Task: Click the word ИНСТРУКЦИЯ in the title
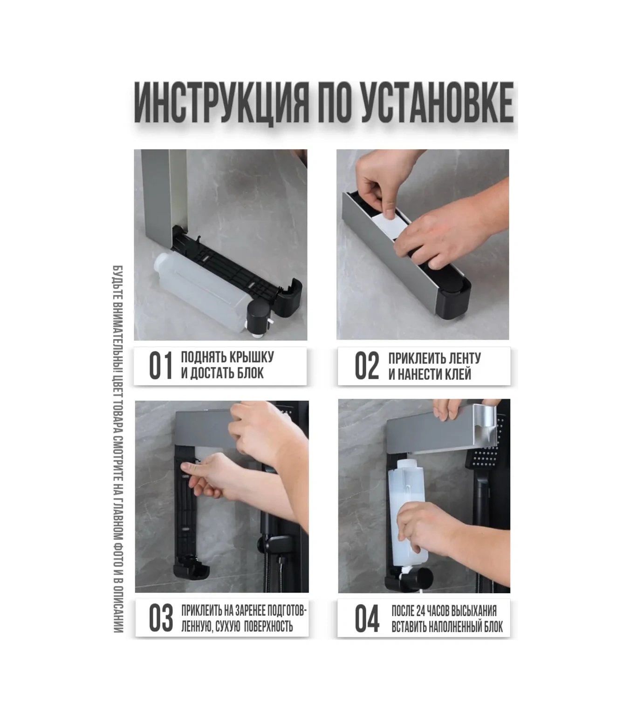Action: pyautogui.click(x=221, y=103)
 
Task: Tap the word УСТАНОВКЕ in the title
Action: pyautogui.click(x=437, y=103)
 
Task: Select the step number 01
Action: pyautogui.click(x=161, y=366)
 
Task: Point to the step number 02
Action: pyautogui.click(x=367, y=366)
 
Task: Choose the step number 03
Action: pyautogui.click(x=161, y=618)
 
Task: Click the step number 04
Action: pyautogui.click(x=367, y=619)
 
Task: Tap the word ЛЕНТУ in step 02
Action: pyautogui.click(x=463, y=358)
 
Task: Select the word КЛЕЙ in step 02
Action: pyautogui.click(x=457, y=374)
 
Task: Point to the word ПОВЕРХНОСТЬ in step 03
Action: pyautogui.click(x=268, y=626)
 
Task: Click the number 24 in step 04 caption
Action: pyautogui.click(x=420, y=611)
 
